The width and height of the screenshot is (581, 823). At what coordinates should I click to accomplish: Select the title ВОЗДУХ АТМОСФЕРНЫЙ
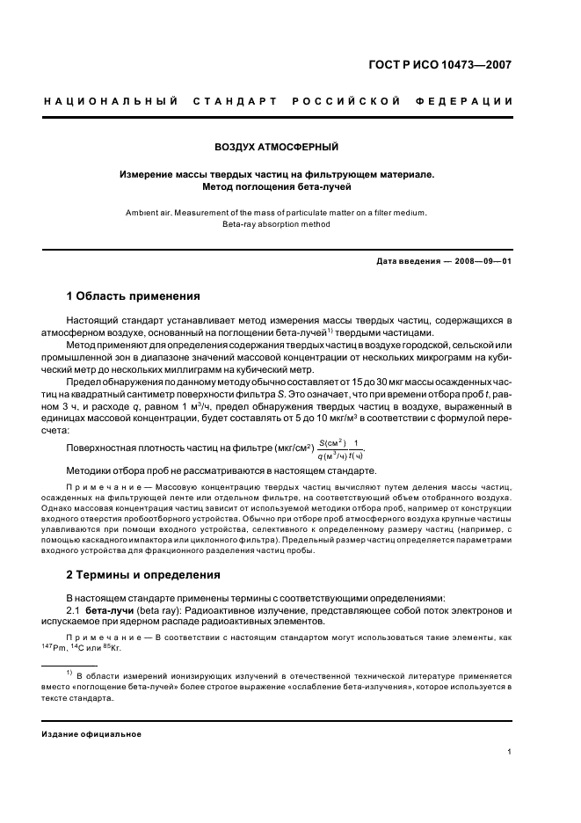click(277, 146)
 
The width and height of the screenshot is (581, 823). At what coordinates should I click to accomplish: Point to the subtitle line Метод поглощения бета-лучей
click(277, 186)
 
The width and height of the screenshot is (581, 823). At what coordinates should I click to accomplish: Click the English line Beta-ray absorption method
click(277, 224)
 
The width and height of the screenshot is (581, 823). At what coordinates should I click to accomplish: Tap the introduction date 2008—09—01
click(482, 261)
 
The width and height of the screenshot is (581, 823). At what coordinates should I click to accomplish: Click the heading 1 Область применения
click(134, 295)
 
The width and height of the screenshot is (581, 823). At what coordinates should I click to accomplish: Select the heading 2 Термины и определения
click(143, 575)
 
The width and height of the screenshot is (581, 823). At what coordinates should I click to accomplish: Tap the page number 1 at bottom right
click(510, 752)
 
